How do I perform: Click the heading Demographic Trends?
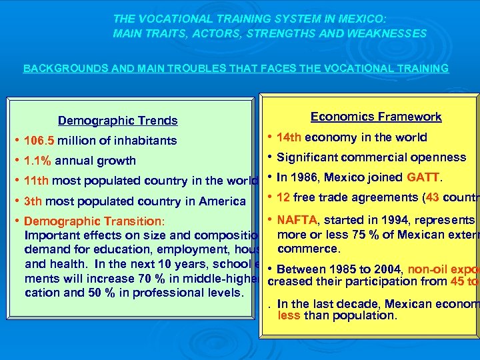[118, 121]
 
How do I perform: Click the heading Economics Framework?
[376, 117]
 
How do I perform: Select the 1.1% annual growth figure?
[37, 161]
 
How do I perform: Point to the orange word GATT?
[423, 177]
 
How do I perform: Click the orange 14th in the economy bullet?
[288, 137]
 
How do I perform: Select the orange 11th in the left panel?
[36, 181]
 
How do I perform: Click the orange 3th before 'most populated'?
[33, 201]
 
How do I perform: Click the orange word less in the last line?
[289, 316]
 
